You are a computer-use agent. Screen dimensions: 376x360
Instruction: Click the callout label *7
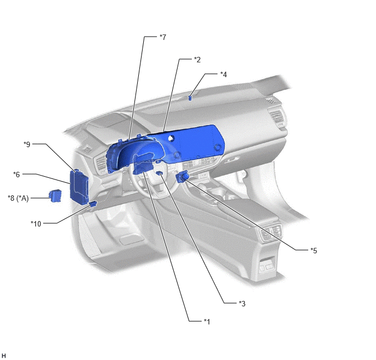click(163, 37)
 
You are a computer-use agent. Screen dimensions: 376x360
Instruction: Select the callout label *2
click(197, 60)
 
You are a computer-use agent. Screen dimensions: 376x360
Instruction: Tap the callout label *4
click(224, 74)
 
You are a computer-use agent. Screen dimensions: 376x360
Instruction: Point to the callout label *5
click(314, 251)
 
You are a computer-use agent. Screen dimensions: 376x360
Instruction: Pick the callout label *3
click(242, 304)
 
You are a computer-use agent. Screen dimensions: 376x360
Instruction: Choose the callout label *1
click(207, 321)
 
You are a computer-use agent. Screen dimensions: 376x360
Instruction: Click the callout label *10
click(36, 224)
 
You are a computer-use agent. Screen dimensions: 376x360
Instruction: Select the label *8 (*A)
click(18, 198)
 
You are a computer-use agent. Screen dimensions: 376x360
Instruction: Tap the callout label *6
click(16, 174)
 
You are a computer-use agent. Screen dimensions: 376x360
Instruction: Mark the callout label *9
click(27, 144)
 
